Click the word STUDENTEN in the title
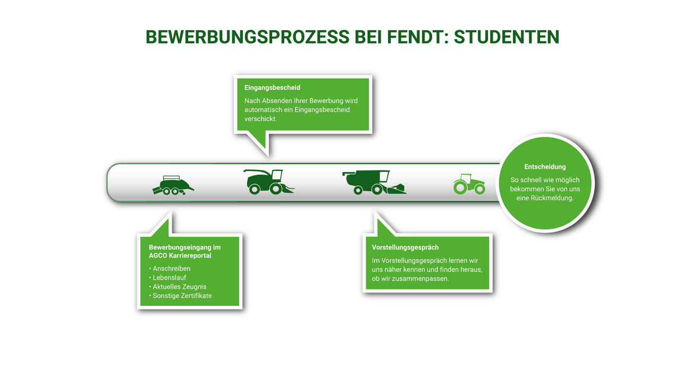tap(506, 37)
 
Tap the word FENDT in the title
tap(412, 37)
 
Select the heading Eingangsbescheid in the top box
tap(272, 88)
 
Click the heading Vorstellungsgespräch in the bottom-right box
tap(405, 247)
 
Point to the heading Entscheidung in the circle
tap(545, 167)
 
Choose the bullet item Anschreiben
tap(171, 269)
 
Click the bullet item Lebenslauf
tap(169, 278)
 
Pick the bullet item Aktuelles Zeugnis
tap(179, 287)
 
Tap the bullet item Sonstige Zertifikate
tap(182, 296)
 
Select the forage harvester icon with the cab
tap(268, 182)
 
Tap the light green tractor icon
tap(469, 184)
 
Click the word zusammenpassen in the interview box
tap(415, 279)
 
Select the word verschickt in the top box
tap(260, 119)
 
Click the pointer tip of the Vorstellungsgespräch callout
tap(375, 212)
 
